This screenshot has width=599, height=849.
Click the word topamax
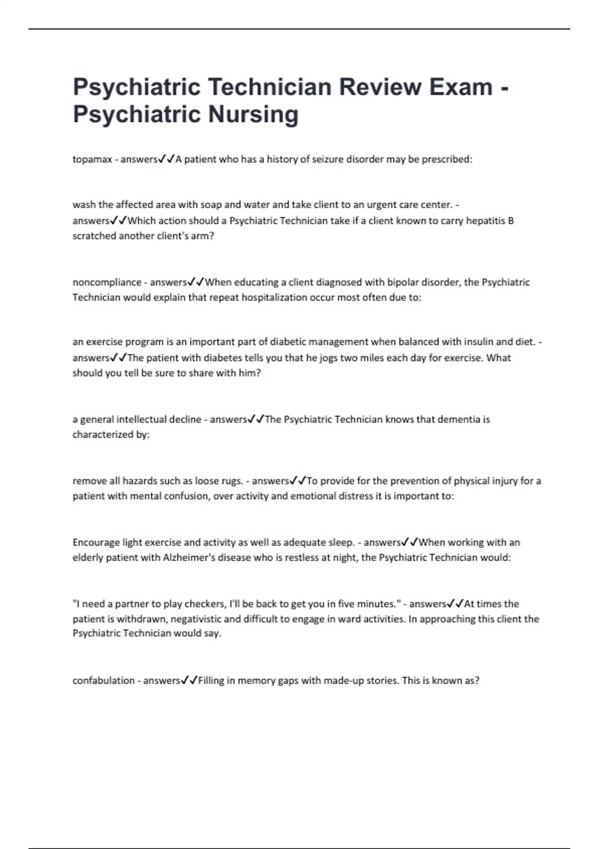pyautogui.click(x=92, y=159)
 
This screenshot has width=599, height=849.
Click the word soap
pyautogui.click(x=211, y=205)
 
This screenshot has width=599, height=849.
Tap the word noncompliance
pyautogui.click(x=107, y=282)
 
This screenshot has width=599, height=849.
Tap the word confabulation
pyautogui.click(x=103, y=681)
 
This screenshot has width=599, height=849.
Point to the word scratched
pyautogui.click(x=94, y=236)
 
